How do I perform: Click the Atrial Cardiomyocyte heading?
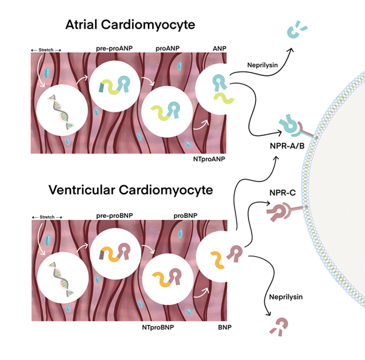coord(119,26)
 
